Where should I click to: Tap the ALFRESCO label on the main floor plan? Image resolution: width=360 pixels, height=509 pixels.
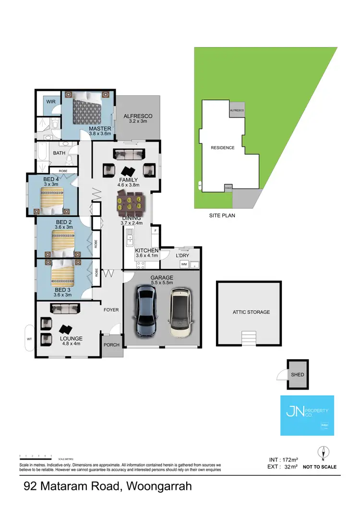coord(138,116)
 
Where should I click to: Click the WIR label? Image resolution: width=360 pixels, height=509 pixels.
coord(51,102)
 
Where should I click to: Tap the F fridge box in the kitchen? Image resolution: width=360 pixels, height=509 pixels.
coord(155,231)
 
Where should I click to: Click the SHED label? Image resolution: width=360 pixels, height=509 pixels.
coord(298,374)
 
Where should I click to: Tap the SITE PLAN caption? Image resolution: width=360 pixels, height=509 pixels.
coord(222,216)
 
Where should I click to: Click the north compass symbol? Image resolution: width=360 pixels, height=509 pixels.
coord(325,452)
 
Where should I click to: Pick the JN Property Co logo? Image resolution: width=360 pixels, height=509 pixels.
coord(307,415)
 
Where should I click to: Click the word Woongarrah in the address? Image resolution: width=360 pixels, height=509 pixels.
coord(159,486)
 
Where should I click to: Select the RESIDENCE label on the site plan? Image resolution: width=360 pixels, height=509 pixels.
coord(223,148)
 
